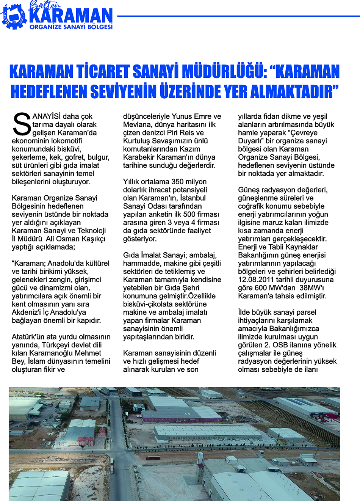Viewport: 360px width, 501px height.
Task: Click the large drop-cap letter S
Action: pyautogui.click(x=22, y=124)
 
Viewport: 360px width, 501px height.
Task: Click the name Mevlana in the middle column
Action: pyautogui.click(x=136, y=124)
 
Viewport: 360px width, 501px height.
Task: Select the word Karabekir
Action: pyautogui.click(x=141, y=157)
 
